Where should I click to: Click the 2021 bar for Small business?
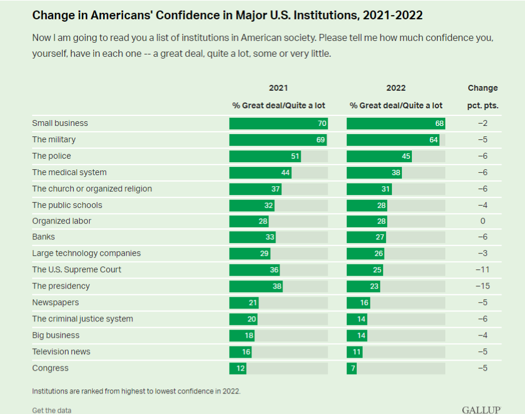click(x=278, y=124)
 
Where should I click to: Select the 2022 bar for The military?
click(x=393, y=140)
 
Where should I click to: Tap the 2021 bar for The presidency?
click(x=256, y=286)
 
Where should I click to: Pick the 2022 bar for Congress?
click(x=352, y=368)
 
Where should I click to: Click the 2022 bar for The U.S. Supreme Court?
click(x=364, y=270)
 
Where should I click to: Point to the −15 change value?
click(x=483, y=286)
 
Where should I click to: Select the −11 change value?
click(x=483, y=270)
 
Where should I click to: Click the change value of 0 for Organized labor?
click(x=483, y=221)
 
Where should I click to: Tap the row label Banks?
click(x=43, y=237)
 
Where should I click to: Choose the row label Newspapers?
click(x=55, y=303)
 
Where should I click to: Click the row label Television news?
click(x=61, y=352)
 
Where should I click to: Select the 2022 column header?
click(x=396, y=88)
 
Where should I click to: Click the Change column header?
click(x=483, y=88)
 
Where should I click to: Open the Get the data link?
click(x=52, y=410)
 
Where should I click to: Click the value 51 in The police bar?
click(x=295, y=156)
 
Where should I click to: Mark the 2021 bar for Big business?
click(x=241, y=336)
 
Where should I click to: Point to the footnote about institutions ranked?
click(x=136, y=391)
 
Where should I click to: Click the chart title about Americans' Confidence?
click(x=227, y=15)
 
